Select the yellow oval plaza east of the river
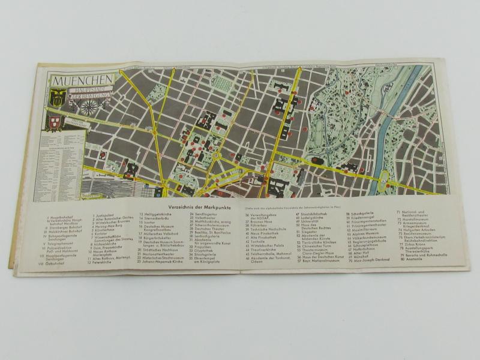tap(384, 176)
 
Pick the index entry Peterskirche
tap(103, 262)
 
